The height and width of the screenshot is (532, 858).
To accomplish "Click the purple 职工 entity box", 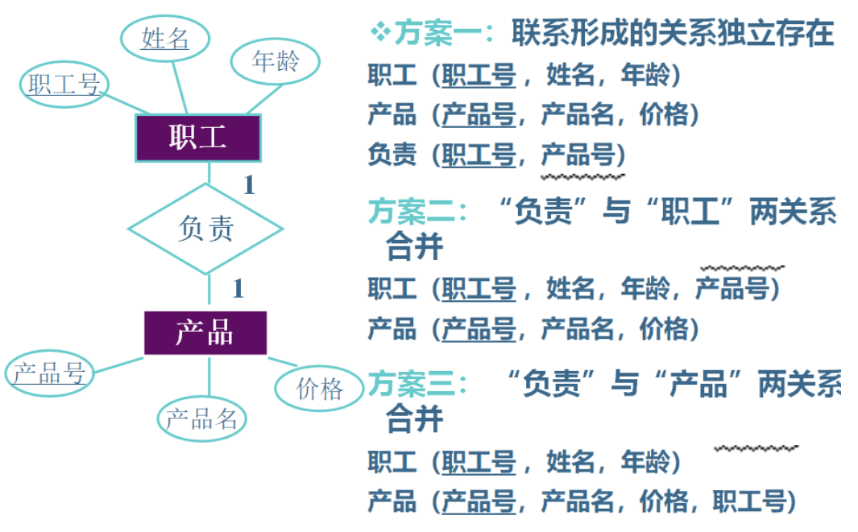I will (x=197, y=138).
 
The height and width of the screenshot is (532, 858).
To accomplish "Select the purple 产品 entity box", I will (x=205, y=332).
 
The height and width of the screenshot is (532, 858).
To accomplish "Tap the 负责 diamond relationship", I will (x=205, y=229).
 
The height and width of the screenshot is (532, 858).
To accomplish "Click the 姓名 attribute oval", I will (x=165, y=38).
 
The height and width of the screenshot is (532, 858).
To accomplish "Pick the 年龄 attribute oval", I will (x=275, y=62).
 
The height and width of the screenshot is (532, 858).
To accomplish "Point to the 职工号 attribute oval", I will (x=64, y=85).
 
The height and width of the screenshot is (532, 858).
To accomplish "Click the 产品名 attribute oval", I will (x=202, y=419).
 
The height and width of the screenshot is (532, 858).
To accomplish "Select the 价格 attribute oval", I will (x=320, y=389).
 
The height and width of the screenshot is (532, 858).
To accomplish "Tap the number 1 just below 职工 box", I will (x=249, y=186).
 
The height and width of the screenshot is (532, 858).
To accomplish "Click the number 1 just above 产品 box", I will (x=238, y=288).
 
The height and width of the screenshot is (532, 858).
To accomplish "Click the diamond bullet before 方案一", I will (x=379, y=32).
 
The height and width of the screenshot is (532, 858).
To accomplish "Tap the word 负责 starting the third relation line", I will (x=392, y=154).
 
